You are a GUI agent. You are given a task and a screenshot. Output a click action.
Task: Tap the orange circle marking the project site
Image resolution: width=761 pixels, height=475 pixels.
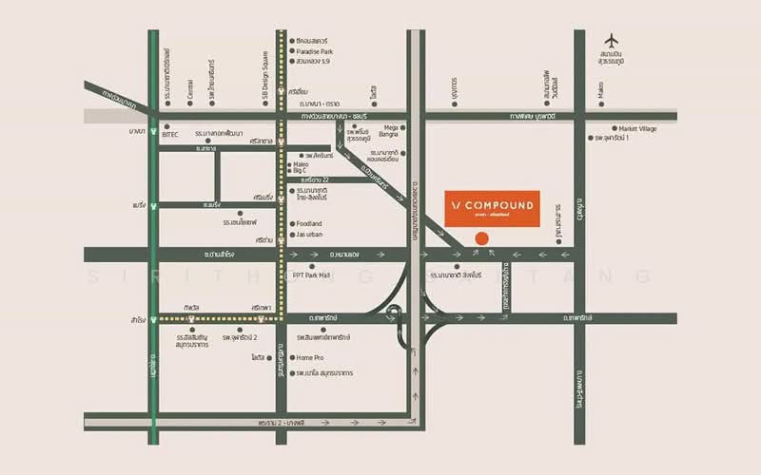point(481,237)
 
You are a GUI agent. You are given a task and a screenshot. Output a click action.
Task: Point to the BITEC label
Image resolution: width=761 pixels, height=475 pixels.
point(170,135)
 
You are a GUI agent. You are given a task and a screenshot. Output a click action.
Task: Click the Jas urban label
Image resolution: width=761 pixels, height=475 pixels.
point(311,235)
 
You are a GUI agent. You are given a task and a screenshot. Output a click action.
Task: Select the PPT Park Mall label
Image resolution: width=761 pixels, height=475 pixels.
point(311,275)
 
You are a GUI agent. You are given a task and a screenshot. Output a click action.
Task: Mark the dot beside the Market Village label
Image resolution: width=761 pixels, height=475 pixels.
point(614,128)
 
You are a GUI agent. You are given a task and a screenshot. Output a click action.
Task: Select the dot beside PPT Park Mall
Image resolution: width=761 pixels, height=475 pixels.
point(286,275)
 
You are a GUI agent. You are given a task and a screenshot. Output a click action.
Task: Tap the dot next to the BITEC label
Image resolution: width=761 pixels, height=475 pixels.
point(166,125)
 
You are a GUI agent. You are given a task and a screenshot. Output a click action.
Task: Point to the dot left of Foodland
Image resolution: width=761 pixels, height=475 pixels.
point(290,223)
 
